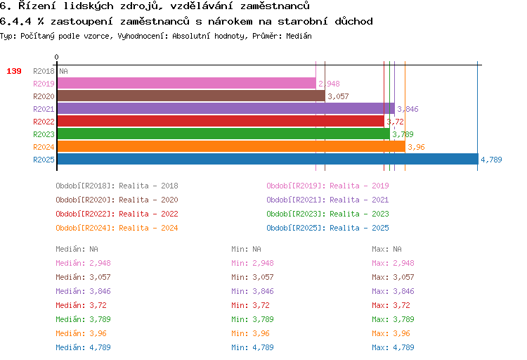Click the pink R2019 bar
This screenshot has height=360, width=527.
click(186, 84)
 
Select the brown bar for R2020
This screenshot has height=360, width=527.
click(191, 96)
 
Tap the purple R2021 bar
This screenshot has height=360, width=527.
click(226, 109)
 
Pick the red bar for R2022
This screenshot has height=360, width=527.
click(221, 121)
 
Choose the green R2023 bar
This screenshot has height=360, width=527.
click(223, 134)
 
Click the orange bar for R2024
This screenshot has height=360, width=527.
click(231, 146)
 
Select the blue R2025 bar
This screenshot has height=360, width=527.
click(268, 159)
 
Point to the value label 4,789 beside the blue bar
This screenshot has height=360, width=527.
click(491, 160)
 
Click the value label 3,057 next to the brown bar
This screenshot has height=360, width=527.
click(338, 96)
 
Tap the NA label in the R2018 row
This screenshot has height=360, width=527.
click(63, 71)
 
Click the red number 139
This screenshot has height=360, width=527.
click(14, 71)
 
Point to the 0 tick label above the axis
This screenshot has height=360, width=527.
click(56, 57)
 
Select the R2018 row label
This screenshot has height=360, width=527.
click(44, 71)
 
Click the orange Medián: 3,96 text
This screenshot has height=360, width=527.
click(81, 333)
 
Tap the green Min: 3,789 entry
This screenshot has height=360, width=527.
click(252, 319)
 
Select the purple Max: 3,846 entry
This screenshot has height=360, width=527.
click(393, 291)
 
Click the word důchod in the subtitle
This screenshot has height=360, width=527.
click(353, 21)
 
